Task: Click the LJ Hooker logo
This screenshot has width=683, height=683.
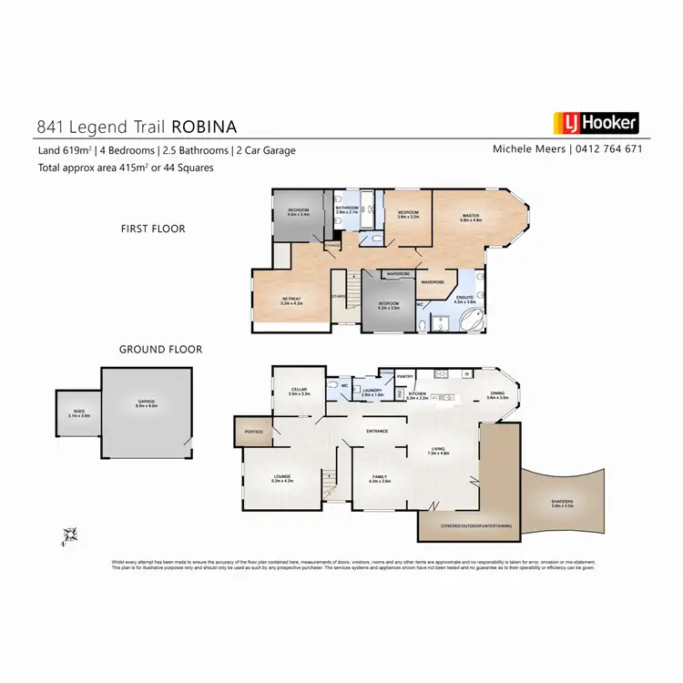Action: pyautogui.click(x=596, y=123)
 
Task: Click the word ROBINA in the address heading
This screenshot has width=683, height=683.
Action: pyautogui.click(x=210, y=127)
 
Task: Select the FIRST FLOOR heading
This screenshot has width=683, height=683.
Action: pyautogui.click(x=153, y=229)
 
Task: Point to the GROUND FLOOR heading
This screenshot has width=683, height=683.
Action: pyautogui.click(x=160, y=349)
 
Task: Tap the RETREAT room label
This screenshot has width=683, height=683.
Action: pyautogui.click(x=291, y=301)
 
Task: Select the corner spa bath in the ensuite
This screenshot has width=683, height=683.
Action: pyautogui.click(x=472, y=319)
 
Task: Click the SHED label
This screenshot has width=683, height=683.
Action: pyautogui.click(x=79, y=413)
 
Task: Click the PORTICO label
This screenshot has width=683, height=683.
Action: pyautogui.click(x=252, y=433)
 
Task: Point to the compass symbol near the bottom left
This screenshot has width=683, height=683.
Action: pyautogui.click(x=68, y=534)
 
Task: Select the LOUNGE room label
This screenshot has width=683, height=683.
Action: pyautogui.click(x=282, y=477)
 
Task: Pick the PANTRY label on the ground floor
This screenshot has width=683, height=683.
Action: pyautogui.click(x=406, y=376)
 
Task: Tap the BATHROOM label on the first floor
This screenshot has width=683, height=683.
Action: pyautogui.click(x=347, y=209)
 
